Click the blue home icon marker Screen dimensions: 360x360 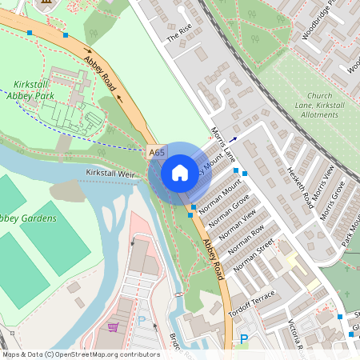click(180, 172)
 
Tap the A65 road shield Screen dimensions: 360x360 click(157, 151)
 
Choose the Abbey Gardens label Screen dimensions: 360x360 click(29, 218)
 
